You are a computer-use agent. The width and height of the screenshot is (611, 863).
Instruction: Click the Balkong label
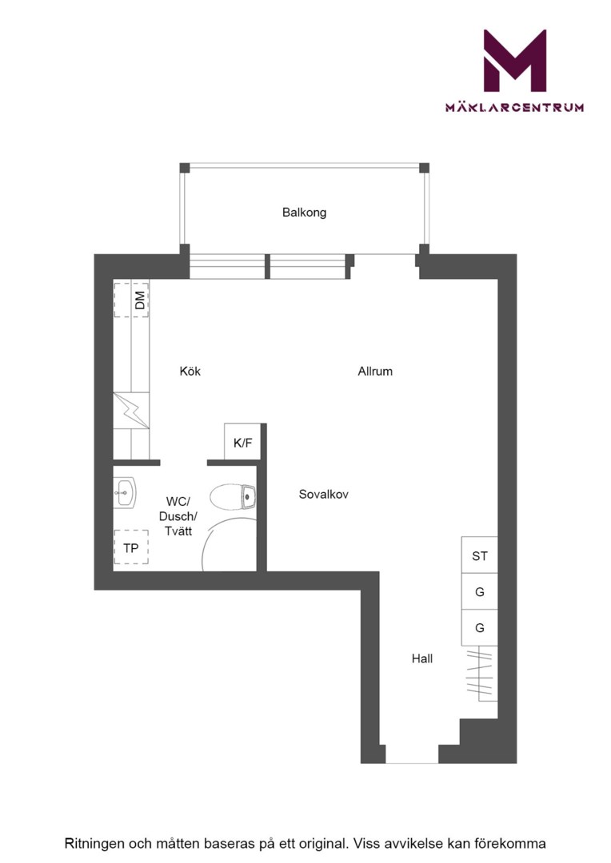point(304,213)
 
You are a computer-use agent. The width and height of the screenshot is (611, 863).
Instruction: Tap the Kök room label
point(190,371)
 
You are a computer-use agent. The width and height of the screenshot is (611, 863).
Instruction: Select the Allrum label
point(375,371)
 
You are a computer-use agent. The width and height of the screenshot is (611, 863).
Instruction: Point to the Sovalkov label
point(323,495)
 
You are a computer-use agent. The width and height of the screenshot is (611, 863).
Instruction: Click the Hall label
point(422,658)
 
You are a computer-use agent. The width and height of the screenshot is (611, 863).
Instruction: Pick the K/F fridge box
point(242,442)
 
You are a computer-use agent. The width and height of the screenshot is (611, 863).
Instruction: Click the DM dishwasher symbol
point(132,300)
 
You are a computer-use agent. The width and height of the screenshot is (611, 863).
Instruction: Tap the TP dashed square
point(131,547)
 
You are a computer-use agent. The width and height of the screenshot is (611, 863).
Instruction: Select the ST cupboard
point(479,555)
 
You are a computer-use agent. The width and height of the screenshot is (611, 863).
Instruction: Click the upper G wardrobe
point(479,591)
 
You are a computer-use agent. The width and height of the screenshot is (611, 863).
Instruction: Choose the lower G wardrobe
point(479,627)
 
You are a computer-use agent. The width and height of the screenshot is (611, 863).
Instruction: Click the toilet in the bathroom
point(233,496)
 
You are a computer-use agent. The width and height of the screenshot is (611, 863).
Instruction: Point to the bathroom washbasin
point(125,492)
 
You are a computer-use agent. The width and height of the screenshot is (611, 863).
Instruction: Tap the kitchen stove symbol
point(131,410)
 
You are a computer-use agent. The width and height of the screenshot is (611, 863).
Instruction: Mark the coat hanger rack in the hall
point(479,673)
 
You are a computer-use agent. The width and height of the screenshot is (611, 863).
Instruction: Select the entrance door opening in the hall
point(412,762)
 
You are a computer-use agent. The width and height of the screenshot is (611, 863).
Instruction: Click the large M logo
point(514,61)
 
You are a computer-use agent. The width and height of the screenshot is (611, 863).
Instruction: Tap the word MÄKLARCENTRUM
point(514,107)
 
